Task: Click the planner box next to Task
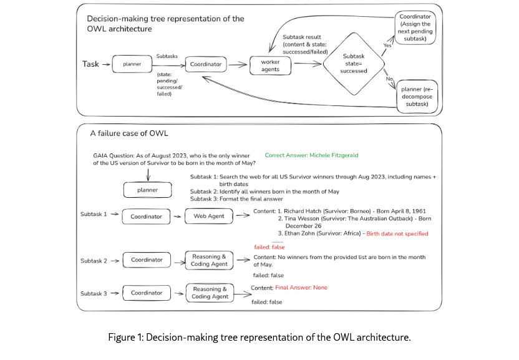132,64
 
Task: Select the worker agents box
271,65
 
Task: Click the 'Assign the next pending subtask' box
417,28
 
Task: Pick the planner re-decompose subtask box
417,95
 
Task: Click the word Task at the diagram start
91,64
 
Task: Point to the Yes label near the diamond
387,45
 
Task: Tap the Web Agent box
208,216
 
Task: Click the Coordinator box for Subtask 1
146,216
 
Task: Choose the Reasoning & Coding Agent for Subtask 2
209,260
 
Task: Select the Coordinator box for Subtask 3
147,293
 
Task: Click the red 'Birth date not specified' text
397,233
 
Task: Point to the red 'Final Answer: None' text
301,288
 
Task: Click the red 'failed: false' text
269,247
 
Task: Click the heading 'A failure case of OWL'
129,134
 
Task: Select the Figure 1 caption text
259,338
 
